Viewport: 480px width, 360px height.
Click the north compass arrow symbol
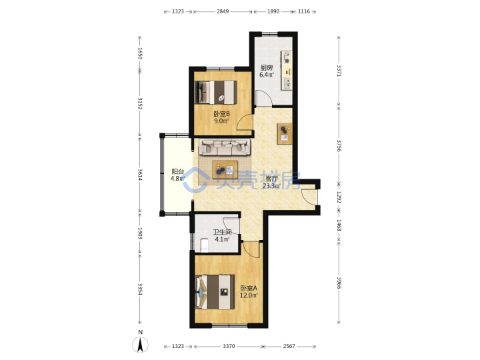point(140,345)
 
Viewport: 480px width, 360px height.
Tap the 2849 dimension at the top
point(223,11)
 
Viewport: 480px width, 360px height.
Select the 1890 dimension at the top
point(273,11)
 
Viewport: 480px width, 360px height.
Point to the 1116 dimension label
point(304,11)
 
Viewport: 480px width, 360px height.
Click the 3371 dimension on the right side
point(339,71)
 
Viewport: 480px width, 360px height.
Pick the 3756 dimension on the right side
point(339,146)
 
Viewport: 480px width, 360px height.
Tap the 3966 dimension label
point(339,283)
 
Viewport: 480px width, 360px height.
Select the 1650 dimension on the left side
point(140,53)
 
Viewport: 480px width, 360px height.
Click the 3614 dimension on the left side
point(140,175)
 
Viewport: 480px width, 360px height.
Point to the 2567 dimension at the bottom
point(289,346)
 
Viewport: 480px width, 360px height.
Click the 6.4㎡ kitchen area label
point(267,75)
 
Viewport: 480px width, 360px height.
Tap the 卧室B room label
point(221,114)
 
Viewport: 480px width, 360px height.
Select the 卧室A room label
point(249,289)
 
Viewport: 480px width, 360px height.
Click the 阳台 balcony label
point(177,171)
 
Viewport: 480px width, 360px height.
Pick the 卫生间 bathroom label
point(222,233)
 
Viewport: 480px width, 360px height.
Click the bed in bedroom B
point(216,92)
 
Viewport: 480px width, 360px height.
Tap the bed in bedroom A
point(215,292)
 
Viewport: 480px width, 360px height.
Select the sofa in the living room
point(225,147)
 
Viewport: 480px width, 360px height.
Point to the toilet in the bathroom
point(204,245)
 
